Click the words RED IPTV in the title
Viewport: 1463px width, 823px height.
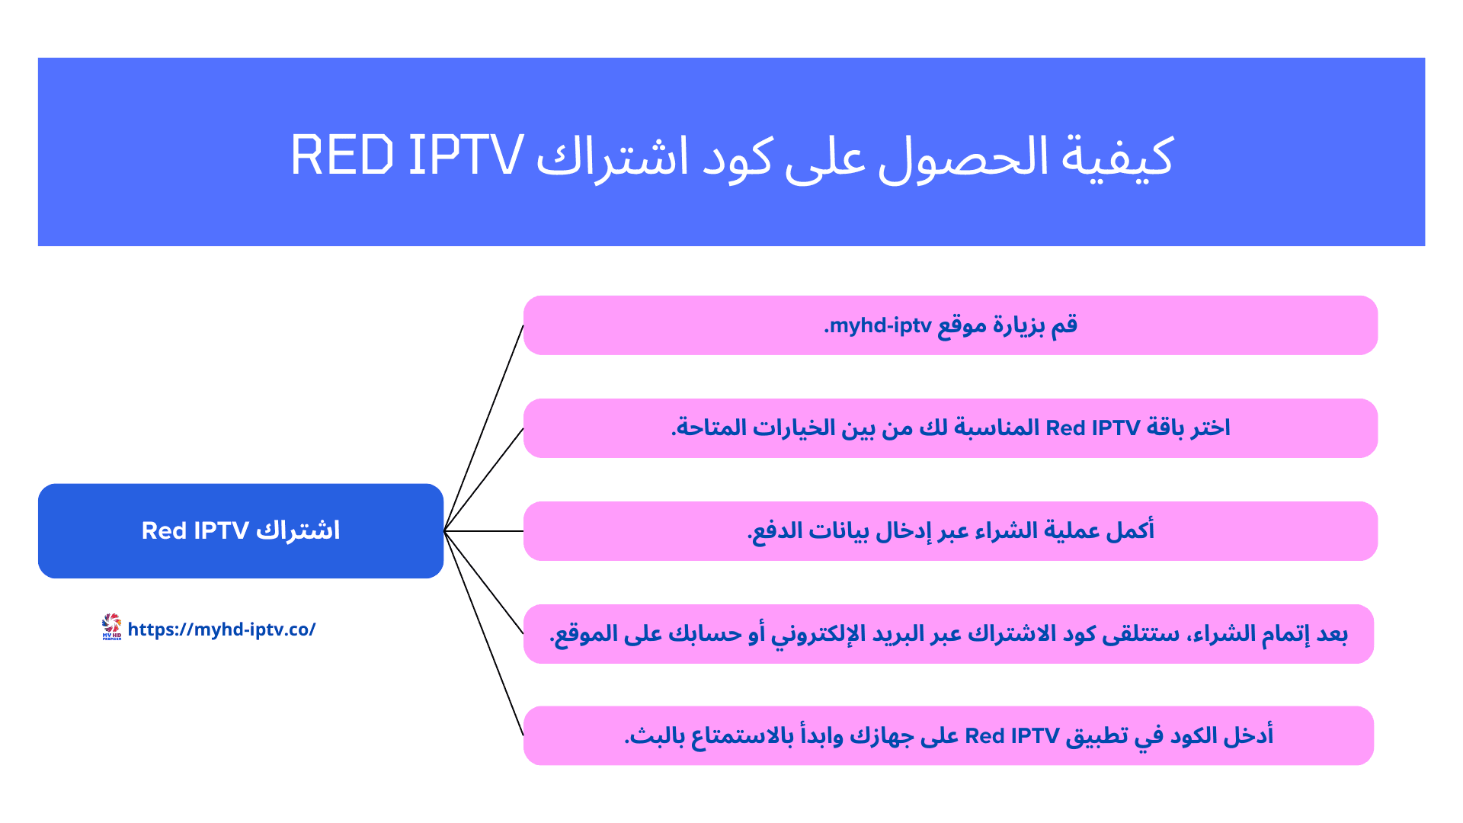click(407, 155)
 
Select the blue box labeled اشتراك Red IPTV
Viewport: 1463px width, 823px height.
click(241, 530)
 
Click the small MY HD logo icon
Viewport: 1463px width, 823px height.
click(111, 627)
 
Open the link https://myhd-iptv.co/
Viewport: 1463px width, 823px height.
click(222, 629)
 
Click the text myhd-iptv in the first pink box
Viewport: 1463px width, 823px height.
click(880, 326)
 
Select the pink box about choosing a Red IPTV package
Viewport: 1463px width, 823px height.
click(950, 428)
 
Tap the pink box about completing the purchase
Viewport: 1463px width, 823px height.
click(950, 531)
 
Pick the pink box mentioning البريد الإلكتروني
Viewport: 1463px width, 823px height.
click(949, 634)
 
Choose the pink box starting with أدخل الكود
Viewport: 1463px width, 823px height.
click(949, 736)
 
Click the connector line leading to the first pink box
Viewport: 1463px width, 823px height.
click(484, 428)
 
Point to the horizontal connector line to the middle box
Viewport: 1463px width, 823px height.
click(484, 531)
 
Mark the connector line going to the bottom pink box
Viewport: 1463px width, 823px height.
click(484, 633)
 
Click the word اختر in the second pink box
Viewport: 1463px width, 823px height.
click(1208, 428)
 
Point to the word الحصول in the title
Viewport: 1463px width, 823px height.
click(963, 159)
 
